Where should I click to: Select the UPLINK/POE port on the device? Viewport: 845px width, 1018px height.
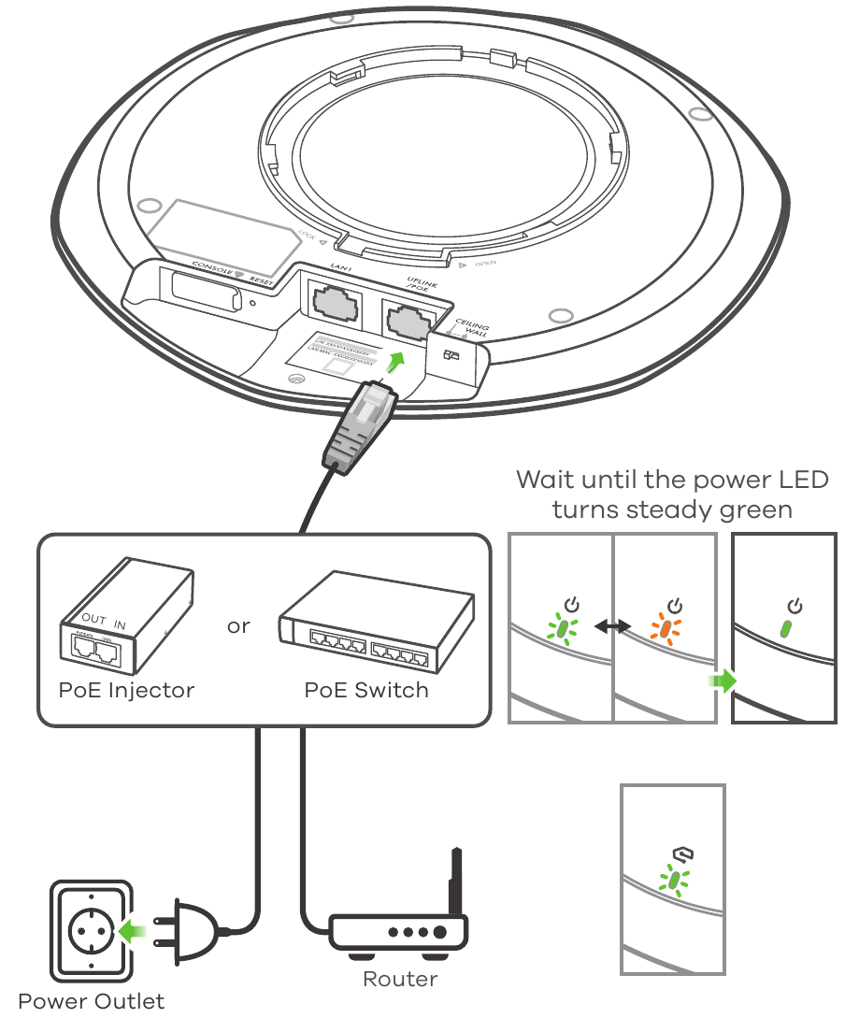(408, 320)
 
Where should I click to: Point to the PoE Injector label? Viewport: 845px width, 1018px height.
(126, 691)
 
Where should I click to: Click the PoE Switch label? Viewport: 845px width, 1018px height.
(366, 691)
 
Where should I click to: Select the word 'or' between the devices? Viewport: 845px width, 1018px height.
(238, 625)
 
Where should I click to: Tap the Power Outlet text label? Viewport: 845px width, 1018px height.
(91, 1001)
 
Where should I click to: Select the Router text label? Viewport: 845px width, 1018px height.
(399, 980)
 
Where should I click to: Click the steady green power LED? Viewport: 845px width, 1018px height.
(785, 627)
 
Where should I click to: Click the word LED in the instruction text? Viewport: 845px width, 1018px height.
(800, 480)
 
